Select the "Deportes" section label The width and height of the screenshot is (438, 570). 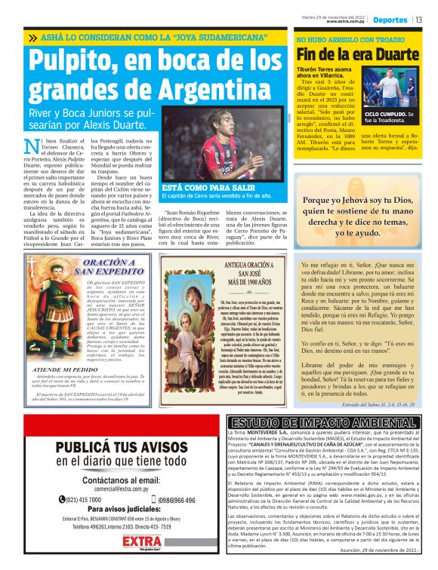390,20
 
